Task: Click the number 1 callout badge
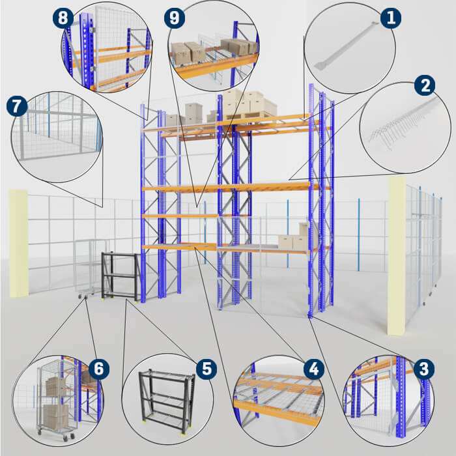[x=391, y=18]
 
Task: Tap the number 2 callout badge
[x=425, y=85]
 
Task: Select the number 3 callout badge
[x=423, y=369]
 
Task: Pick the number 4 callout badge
[x=314, y=369]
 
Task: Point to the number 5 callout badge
[x=207, y=369]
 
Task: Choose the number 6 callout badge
[x=98, y=369]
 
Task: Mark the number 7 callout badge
[x=17, y=106]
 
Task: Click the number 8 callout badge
[x=63, y=18]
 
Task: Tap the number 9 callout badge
[x=175, y=18]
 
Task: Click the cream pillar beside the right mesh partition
[x=396, y=255]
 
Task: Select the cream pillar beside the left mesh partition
[x=19, y=244]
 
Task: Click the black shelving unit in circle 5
[x=167, y=402]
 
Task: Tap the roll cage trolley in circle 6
[x=56, y=401]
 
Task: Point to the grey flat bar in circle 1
[x=347, y=46]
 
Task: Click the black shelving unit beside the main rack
[x=120, y=276]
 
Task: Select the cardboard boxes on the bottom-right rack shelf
[x=293, y=238]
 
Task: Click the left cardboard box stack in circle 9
[x=188, y=53]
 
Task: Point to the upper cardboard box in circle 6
[x=56, y=386]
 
